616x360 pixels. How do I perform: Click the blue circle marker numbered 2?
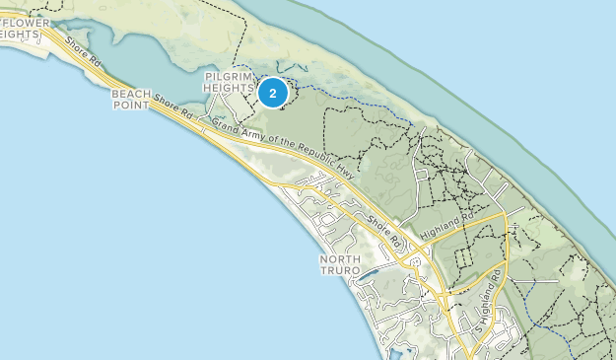pos(272,94)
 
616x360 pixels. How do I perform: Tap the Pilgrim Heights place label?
pos(231,82)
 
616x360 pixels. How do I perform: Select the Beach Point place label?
pos(131,100)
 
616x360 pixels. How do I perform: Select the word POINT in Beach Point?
pos(131,106)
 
